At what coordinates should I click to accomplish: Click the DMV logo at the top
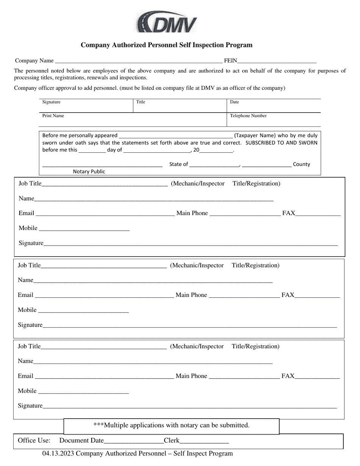[167, 22]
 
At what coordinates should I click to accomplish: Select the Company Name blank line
[138, 61]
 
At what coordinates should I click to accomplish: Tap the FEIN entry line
[277, 61]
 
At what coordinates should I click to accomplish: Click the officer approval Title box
[180, 106]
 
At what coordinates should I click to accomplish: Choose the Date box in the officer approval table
[274, 106]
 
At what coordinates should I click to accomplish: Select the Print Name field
[133, 120]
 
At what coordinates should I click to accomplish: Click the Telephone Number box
[274, 120]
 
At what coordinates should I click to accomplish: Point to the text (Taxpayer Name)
[255, 135]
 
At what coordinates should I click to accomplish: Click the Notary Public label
[89, 172]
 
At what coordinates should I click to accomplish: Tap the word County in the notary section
[302, 164]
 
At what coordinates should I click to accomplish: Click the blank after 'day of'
[157, 150]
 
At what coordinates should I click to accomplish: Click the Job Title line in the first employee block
[105, 184]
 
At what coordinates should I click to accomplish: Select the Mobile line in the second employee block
[83, 311]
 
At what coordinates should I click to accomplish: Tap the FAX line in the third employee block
[317, 377]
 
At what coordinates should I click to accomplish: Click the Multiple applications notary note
[171, 425]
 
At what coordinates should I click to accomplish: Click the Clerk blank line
[204, 441]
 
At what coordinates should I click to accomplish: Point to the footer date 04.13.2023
[58, 453]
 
